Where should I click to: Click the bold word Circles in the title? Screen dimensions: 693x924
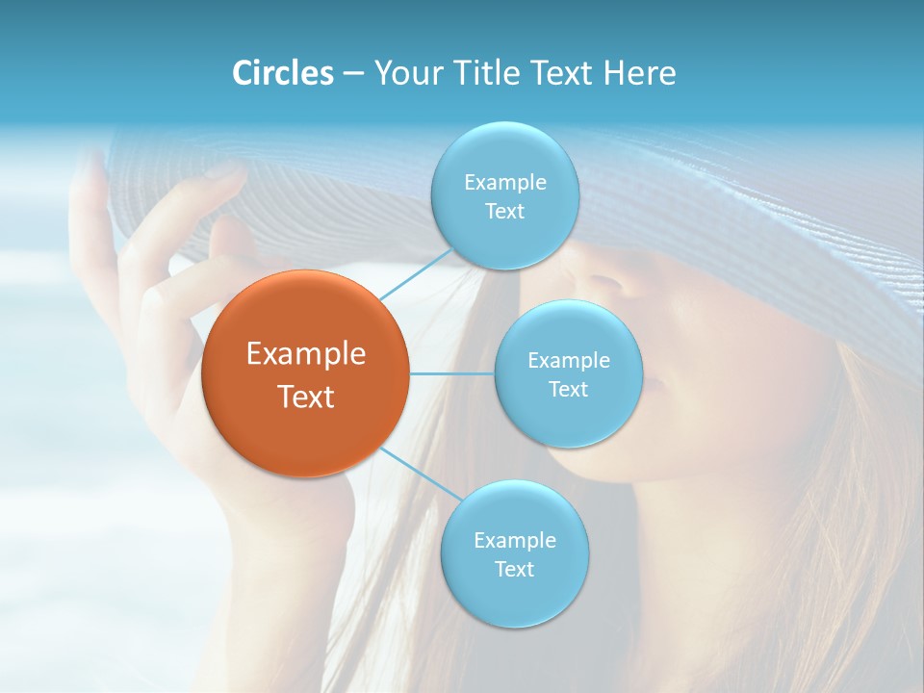click(282, 73)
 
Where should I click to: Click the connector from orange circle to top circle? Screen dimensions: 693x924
click(416, 273)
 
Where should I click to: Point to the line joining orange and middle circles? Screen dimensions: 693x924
click(451, 373)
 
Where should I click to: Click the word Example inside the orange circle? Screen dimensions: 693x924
click(305, 354)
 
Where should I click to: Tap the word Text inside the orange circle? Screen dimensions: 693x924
click(305, 397)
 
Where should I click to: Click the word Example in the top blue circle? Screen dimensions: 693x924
click(504, 183)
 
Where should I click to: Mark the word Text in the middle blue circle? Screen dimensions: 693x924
click(568, 389)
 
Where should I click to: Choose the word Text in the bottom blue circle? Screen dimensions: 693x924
click(514, 569)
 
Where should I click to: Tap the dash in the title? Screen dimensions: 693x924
click(352, 74)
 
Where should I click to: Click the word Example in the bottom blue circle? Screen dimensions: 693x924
click(514, 540)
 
